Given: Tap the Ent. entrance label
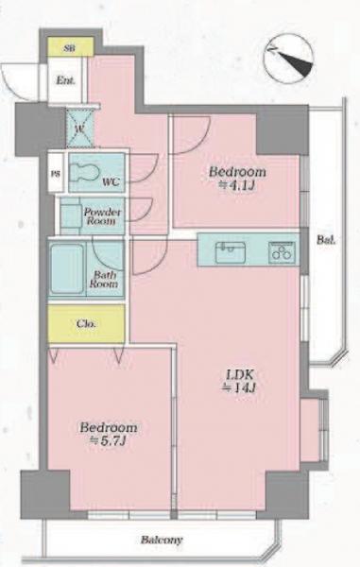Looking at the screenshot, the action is coord(65,80).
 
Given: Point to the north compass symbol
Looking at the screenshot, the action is coord(288,59).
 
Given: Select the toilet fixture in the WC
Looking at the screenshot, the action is coord(84,172).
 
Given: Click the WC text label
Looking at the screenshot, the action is coord(111,181).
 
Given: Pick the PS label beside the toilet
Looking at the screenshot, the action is coord(56,174).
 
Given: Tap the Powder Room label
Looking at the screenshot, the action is coord(102,216).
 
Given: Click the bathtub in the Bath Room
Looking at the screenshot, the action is coord(67,268).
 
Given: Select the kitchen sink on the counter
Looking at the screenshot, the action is coord(231,252).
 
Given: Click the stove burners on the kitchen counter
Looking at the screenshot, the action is coord(282,251).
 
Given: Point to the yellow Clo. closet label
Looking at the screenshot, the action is coord(86,323).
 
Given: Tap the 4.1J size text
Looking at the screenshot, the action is coord(237,185).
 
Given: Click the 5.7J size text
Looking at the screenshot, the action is coord(108,440).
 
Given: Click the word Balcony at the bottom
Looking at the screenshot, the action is coord(162,541).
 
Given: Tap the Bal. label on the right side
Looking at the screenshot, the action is coord(326,239).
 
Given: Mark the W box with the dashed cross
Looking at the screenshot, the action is coord(80,129).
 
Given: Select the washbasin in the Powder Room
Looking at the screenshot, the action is coord(71,216).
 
